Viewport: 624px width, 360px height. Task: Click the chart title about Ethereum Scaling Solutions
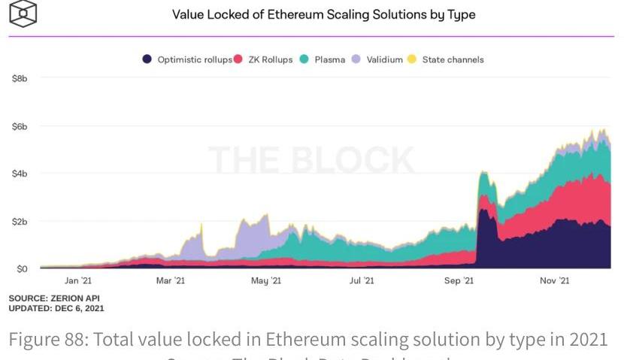323,14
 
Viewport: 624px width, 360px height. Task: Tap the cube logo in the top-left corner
23,13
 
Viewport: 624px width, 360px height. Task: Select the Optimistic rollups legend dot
148,59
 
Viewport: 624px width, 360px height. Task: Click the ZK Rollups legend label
269,59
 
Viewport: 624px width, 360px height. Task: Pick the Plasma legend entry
329,59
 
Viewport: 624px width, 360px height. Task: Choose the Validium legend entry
384,59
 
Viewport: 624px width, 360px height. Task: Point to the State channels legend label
453,59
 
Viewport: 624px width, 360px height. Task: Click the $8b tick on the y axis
20,78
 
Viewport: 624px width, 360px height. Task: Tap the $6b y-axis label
20,126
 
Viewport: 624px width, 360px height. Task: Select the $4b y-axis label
20,174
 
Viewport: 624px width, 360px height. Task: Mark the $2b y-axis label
20,222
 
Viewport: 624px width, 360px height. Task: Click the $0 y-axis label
22,269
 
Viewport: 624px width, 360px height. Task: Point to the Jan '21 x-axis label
77,281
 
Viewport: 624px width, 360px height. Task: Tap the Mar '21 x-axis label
170,281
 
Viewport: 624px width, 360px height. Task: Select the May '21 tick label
265,281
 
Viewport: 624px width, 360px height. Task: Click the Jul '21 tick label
362,281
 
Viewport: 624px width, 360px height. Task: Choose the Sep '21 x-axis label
459,281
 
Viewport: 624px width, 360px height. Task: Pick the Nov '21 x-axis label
554,281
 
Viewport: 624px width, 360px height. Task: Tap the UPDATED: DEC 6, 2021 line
56,308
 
